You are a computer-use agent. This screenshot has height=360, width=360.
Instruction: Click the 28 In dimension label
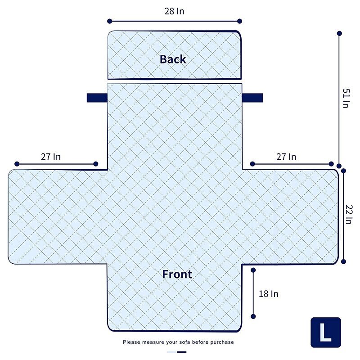click(174, 11)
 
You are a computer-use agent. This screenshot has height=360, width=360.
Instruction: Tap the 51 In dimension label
click(346, 98)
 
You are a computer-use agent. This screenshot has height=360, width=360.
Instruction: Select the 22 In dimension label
click(349, 215)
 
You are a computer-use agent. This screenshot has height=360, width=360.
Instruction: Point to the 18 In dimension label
click(269, 294)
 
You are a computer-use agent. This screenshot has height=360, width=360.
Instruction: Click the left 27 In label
click(51, 157)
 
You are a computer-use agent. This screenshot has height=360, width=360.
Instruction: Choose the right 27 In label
click(286, 157)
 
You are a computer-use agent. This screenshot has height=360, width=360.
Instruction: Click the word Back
click(173, 59)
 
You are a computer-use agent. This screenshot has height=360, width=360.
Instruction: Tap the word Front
click(177, 274)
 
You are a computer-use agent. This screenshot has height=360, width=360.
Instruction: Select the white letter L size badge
click(325, 333)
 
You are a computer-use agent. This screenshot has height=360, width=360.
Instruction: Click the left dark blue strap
click(97, 98)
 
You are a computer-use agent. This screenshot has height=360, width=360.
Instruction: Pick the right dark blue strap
click(252, 98)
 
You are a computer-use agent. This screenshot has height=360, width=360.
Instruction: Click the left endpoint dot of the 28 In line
click(110, 21)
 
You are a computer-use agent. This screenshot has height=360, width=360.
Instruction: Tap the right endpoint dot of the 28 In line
click(239, 21)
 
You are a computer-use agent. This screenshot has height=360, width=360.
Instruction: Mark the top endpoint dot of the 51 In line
click(339, 33)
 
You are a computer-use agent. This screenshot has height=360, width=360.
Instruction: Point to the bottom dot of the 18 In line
click(253, 316)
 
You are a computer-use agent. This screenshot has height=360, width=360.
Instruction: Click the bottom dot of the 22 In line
click(343, 261)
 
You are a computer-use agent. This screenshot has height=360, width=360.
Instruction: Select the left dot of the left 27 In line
click(17, 164)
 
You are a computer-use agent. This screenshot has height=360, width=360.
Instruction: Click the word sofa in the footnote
click(184, 342)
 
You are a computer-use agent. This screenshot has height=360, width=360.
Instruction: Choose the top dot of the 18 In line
click(253, 270)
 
